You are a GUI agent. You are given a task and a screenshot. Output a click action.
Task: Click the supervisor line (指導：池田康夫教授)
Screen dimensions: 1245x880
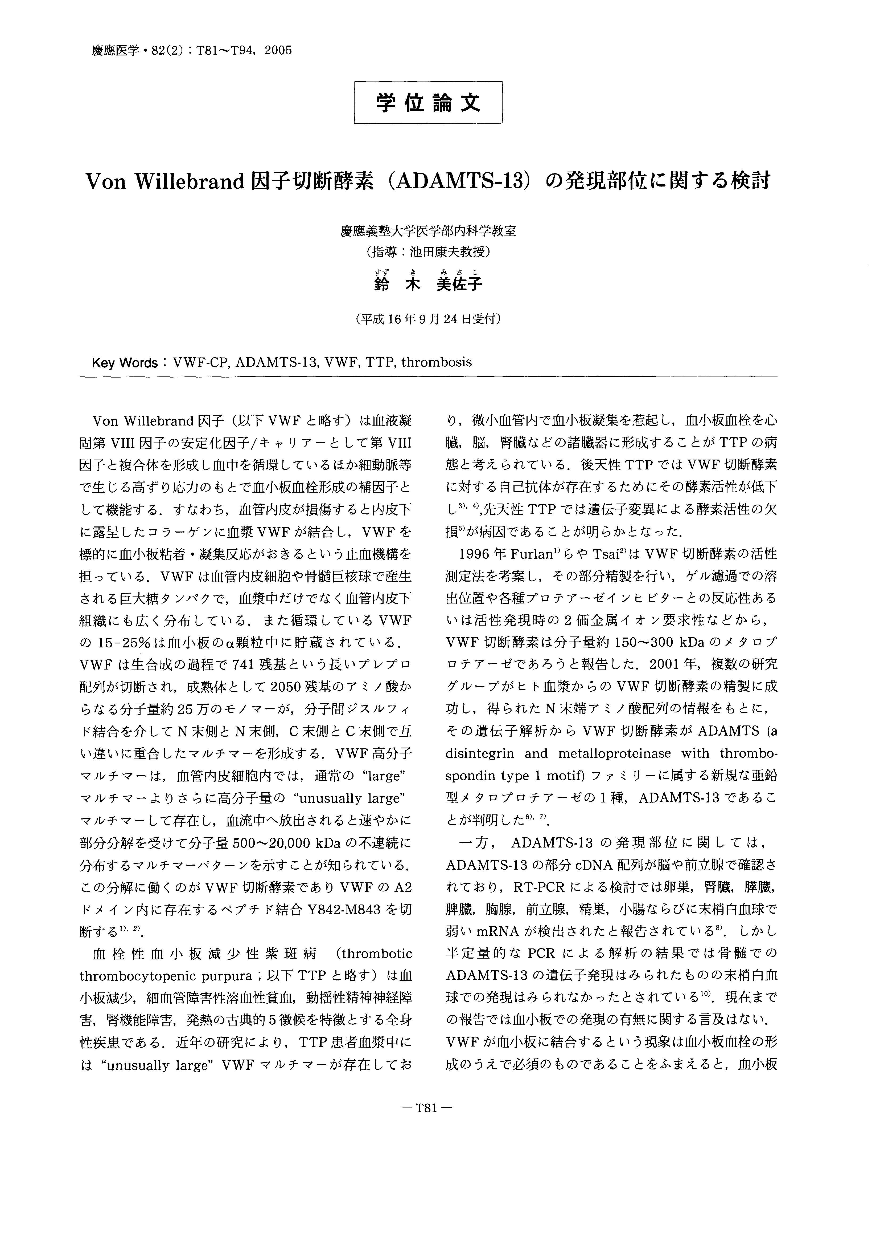click(x=428, y=252)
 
